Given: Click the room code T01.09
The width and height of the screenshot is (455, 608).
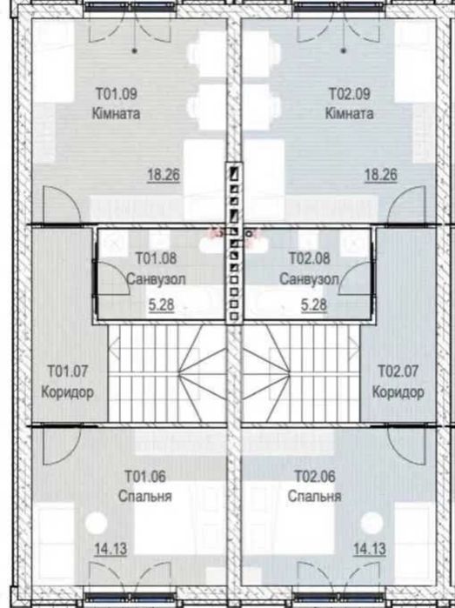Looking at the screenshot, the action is click(117, 94).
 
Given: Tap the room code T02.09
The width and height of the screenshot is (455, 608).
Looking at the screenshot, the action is click(350, 94).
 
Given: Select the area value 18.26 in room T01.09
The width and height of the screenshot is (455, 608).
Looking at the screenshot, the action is click(164, 175).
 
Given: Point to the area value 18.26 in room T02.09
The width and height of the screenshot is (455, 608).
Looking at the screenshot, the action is click(380, 175).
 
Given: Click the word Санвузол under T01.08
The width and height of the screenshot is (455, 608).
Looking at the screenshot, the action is click(156, 279).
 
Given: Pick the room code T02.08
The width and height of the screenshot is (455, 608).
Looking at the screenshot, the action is click(310, 258).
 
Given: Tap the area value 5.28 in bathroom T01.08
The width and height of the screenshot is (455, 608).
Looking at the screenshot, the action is click(161, 305).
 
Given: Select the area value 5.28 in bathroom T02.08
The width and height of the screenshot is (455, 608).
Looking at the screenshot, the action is click(314, 305).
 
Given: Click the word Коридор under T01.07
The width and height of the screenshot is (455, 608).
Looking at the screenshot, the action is click(68, 392).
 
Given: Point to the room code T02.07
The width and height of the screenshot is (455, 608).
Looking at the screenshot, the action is click(398, 371).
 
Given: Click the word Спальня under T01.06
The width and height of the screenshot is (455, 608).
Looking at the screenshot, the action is click(145, 497).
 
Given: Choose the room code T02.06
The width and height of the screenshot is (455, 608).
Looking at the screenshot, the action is click(315, 476).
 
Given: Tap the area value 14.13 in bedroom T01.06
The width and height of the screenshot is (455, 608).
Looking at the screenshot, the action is click(111, 549).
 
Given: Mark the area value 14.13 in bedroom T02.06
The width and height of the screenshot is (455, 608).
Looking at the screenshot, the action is click(370, 549).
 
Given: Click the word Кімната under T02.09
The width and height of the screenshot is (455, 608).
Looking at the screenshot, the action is click(350, 114).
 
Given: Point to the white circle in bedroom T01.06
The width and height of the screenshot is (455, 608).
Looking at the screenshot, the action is click(97, 523).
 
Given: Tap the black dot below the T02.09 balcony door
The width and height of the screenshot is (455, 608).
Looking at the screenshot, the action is click(343, 50).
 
